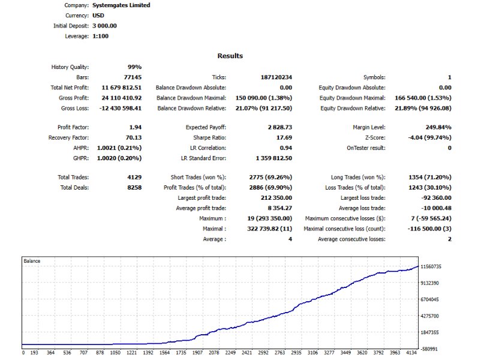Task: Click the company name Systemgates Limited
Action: click(x=122, y=5)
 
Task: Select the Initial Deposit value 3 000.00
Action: click(x=105, y=26)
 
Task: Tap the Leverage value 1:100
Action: click(x=101, y=36)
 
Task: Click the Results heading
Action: click(x=230, y=56)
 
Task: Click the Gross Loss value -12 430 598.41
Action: click(x=119, y=108)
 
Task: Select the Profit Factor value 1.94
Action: click(x=135, y=127)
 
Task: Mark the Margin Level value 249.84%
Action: click(x=438, y=127)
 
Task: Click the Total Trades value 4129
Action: click(x=134, y=177)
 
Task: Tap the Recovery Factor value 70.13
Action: click(x=133, y=137)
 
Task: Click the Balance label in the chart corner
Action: click(x=32, y=261)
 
